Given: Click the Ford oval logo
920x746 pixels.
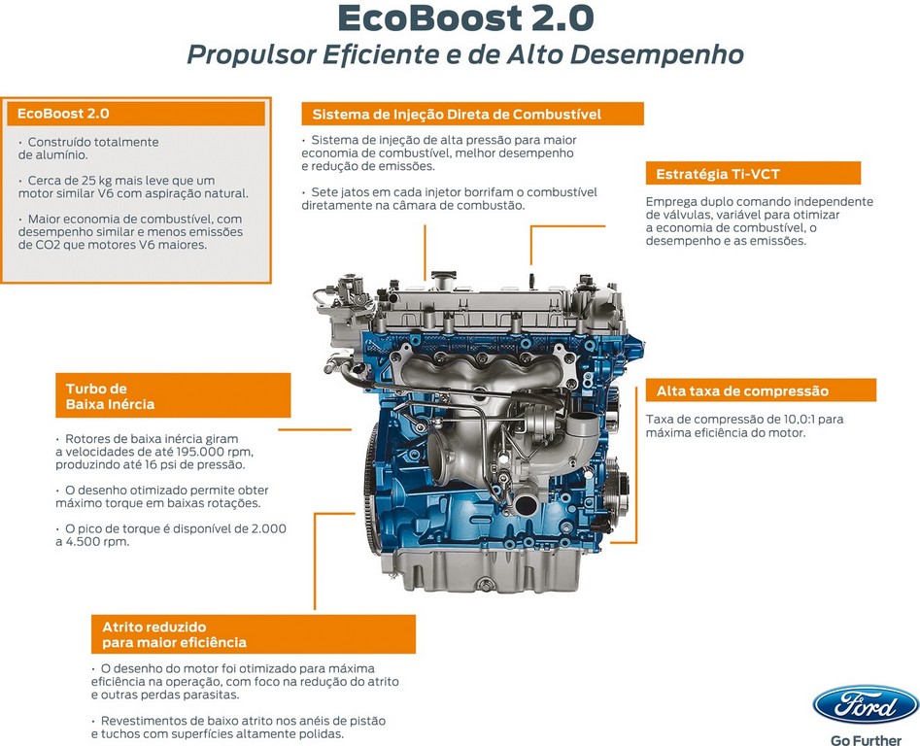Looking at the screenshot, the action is click(866, 705).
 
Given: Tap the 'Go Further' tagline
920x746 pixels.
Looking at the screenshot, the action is click(866, 739).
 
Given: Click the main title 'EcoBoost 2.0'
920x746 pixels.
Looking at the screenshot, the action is click(466, 18).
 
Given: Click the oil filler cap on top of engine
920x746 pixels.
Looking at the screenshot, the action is click(443, 279).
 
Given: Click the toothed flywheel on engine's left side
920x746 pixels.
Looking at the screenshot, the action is click(371, 489).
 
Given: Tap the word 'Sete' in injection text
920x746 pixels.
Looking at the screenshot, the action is click(324, 192).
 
